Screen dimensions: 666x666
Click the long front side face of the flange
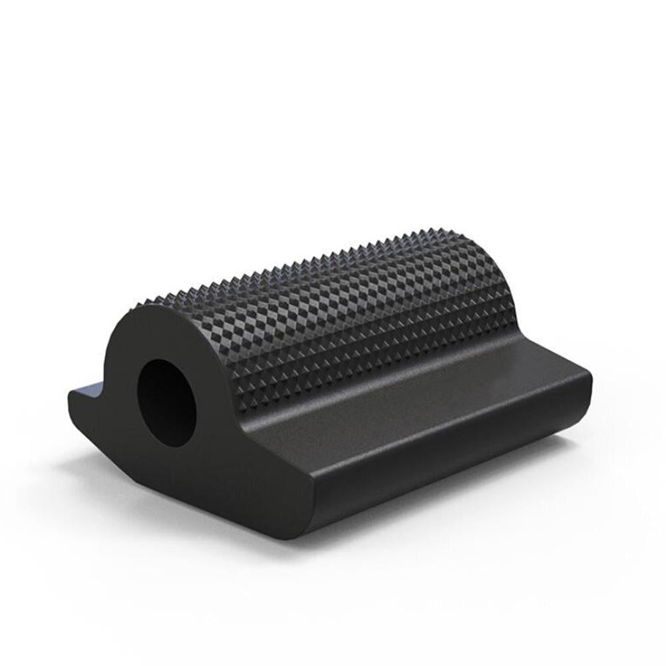pos(452,466)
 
